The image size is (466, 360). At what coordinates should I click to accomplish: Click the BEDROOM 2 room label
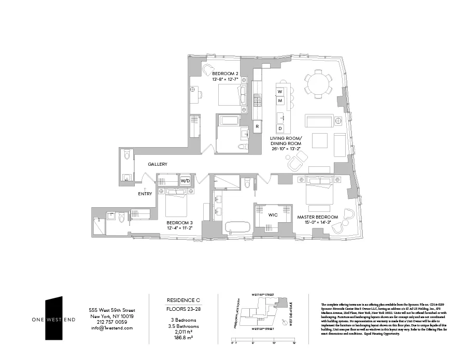(x=225, y=73)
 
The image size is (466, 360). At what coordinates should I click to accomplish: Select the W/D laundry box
(x=185, y=181)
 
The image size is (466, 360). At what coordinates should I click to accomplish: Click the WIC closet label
(x=274, y=214)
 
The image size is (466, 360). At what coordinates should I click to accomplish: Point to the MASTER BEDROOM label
(x=317, y=217)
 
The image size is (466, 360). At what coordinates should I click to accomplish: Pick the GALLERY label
(x=158, y=164)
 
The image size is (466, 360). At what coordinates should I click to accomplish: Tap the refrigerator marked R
(x=257, y=126)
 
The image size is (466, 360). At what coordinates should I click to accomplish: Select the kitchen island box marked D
(x=280, y=128)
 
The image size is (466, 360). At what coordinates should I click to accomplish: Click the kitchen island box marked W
(x=280, y=92)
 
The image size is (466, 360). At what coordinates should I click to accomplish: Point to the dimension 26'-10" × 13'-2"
(x=285, y=148)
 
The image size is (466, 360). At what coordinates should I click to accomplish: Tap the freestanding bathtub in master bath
(x=238, y=227)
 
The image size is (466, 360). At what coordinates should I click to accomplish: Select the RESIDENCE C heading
(x=183, y=300)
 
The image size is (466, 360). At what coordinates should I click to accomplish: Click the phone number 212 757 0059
(x=111, y=322)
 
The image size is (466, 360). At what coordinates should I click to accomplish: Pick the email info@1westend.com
(x=111, y=328)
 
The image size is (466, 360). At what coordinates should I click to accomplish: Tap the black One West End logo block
(x=54, y=318)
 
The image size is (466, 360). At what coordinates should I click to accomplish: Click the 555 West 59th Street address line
(x=111, y=310)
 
